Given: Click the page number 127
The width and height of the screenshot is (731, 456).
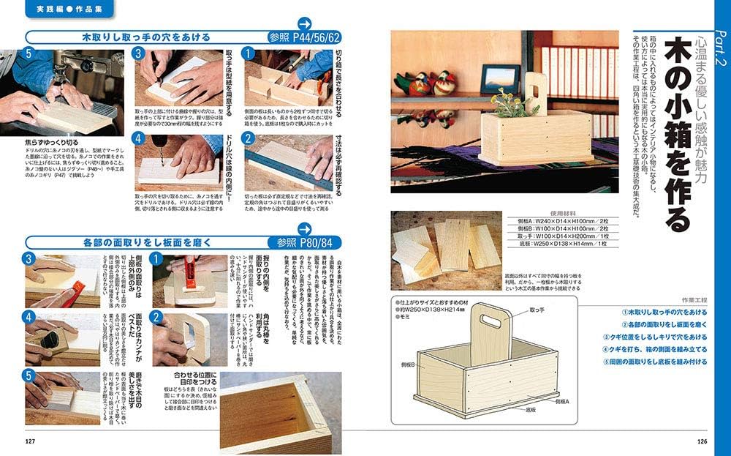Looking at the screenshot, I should (30, 441).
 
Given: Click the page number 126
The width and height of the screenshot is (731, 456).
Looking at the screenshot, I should (702, 441).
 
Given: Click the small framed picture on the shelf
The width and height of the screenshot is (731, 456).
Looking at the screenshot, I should (501, 78).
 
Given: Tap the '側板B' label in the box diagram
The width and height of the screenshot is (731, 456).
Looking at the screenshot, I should (404, 364).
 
